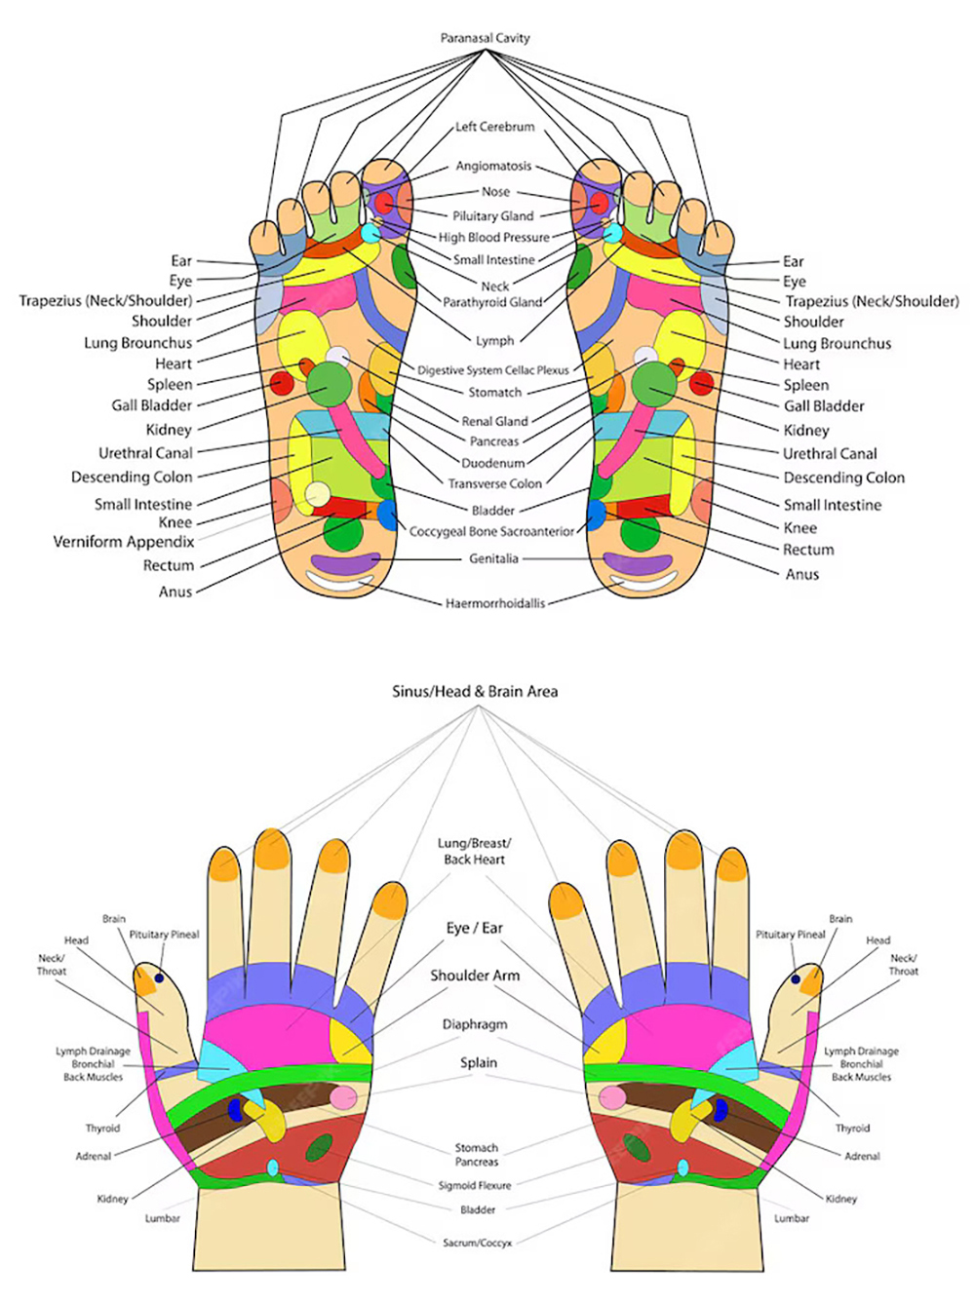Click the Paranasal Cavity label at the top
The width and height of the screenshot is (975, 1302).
coord(485,38)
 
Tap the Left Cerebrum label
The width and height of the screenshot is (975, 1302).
coord(494,127)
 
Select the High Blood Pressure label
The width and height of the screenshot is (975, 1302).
coord(493,237)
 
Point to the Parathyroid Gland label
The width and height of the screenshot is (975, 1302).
coord(492,302)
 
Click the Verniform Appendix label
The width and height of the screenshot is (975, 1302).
coord(124,542)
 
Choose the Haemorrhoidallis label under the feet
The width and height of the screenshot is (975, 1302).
coord(495,603)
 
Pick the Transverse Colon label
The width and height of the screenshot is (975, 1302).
coord(494,483)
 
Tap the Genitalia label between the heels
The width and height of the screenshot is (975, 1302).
coord(493,558)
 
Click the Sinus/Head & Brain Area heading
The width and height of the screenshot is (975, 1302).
coord(475,691)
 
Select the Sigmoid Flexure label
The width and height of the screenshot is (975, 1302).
coord(475,1185)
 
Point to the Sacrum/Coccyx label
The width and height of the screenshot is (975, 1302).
coord(477,1243)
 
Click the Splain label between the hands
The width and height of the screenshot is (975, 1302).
coord(479,1062)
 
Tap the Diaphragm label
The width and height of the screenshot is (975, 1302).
coord(475,1024)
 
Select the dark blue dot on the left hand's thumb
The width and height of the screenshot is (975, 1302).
coord(159,977)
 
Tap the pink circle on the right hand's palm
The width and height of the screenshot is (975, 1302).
coord(612,1098)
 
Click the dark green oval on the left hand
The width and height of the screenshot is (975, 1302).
coord(319,1148)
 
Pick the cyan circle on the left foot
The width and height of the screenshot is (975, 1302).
coord(370,234)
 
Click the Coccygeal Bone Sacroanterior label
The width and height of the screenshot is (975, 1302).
coord(492,531)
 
